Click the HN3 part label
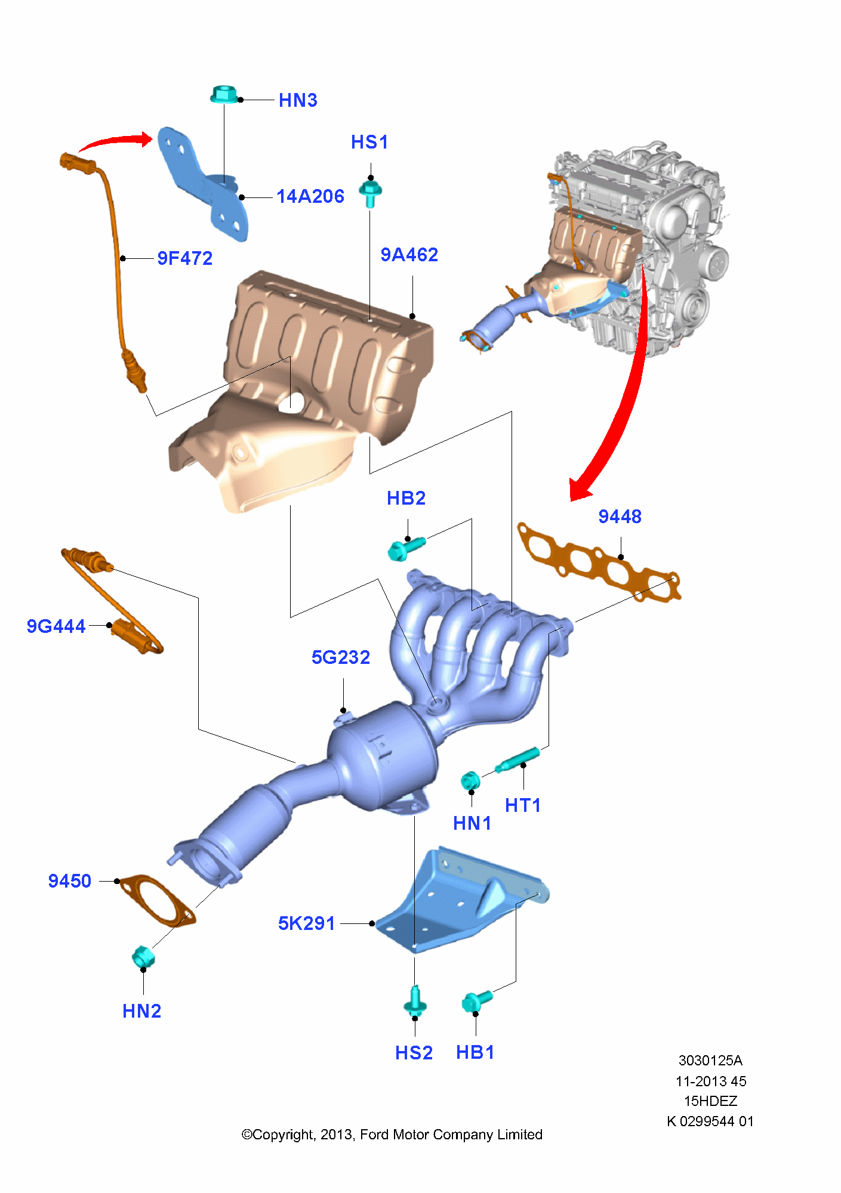click(x=298, y=100)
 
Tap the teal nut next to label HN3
click(x=224, y=94)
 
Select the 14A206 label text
click(x=310, y=196)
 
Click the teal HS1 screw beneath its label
click(x=370, y=193)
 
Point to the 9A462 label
click(x=409, y=255)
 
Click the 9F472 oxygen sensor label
click(x=185, y=258)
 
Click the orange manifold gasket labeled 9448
click(x=597, y=561)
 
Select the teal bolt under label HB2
click(x=405, y=548)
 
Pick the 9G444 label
click(x=56, y=626)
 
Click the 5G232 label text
click(x=341, y=657)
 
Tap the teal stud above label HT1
click(x=517, y=760)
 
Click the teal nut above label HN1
click(x=470, y=780)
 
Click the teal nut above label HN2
click(x=143, y=956)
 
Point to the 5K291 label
click(x=307, y=923)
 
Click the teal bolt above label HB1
click(x=476, y=1001)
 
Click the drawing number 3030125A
click(x=710, y=1061)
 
